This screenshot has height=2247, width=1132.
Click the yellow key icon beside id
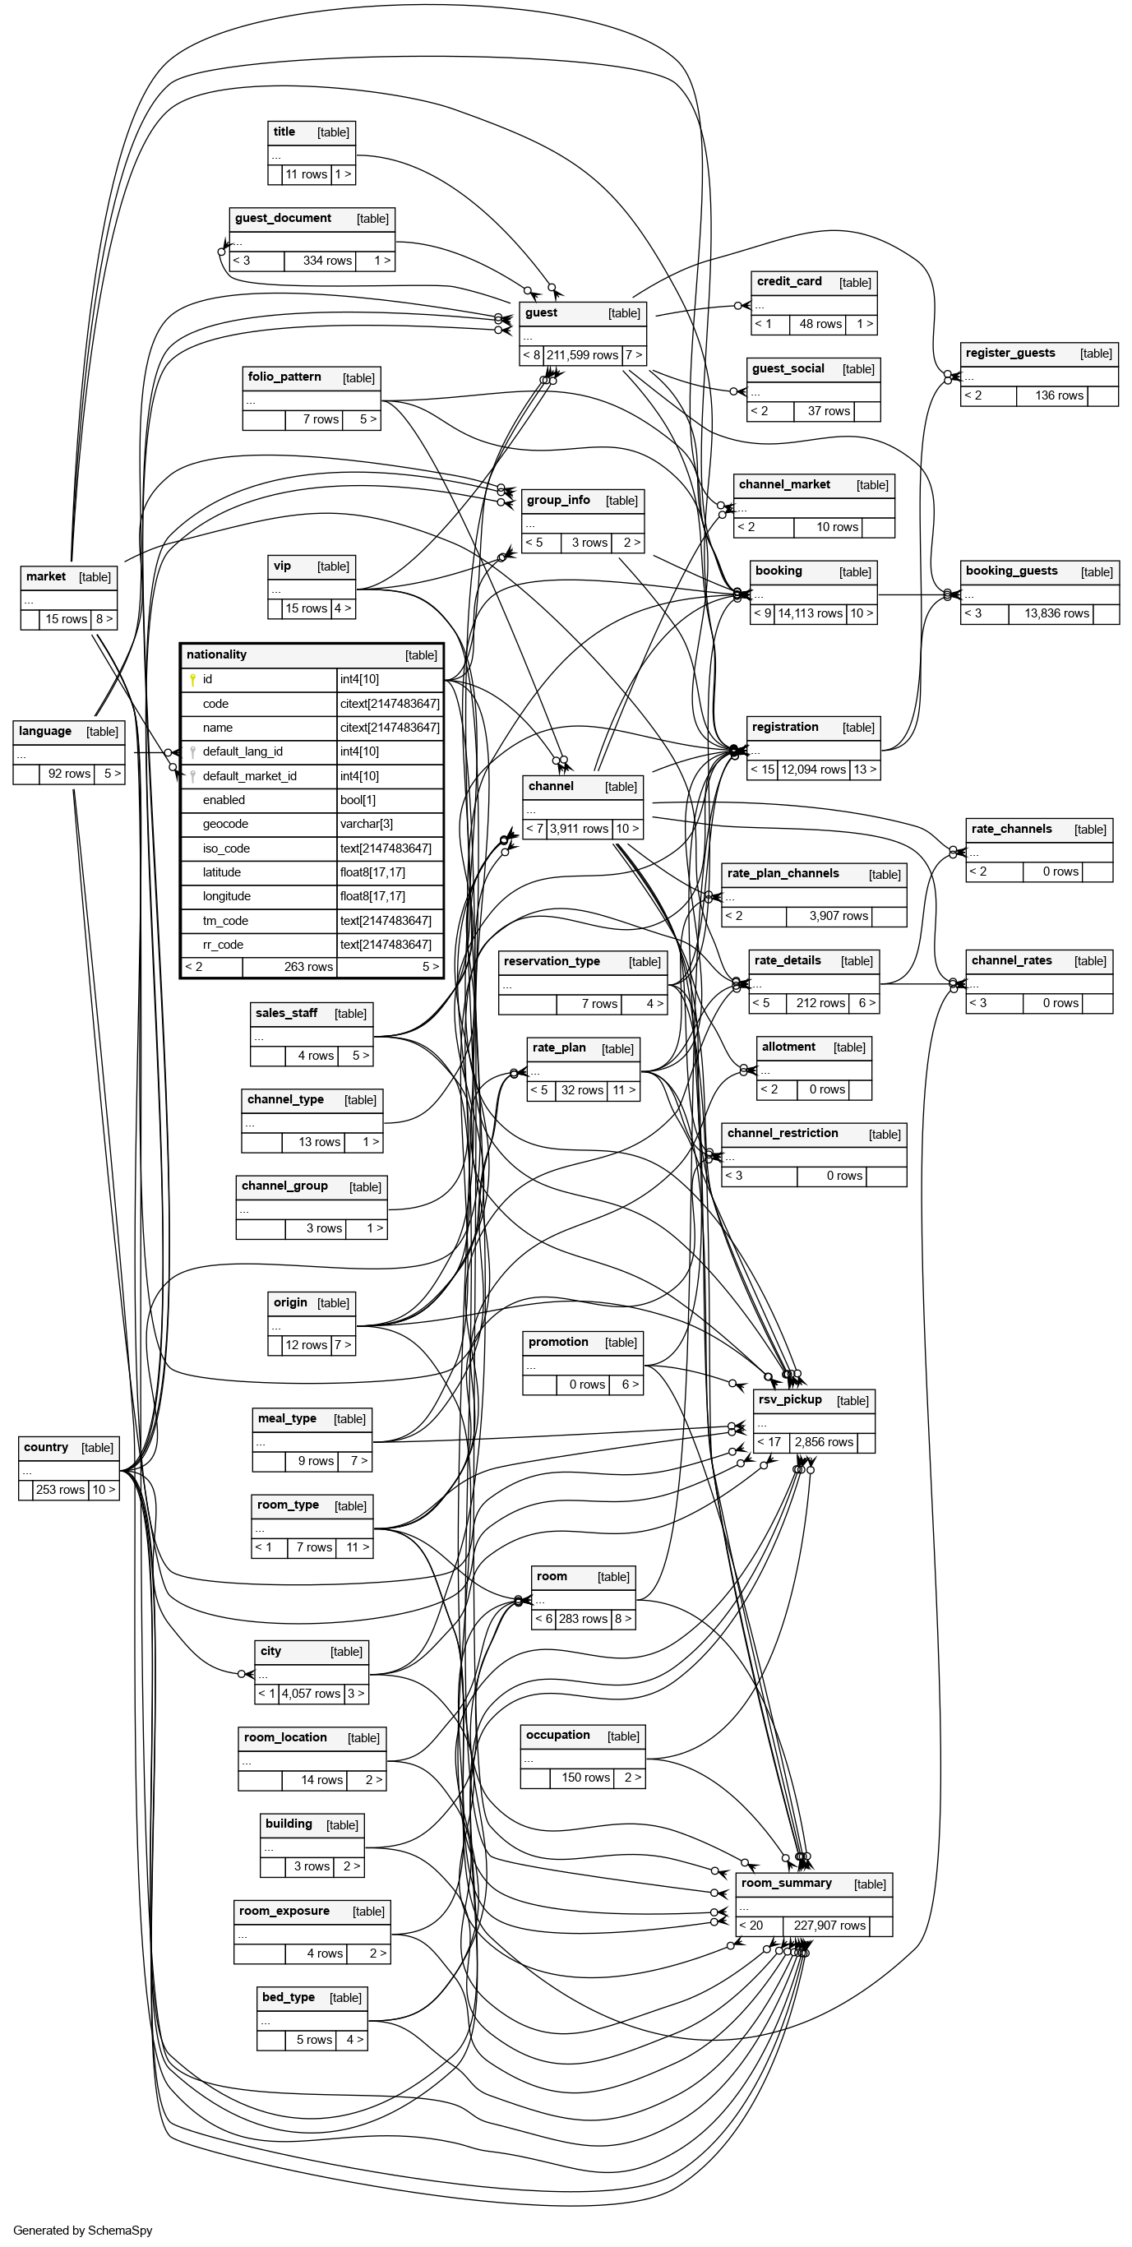coord(192,679)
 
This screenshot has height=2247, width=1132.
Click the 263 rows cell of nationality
coord(289,967)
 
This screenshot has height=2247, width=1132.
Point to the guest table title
coord(542,313)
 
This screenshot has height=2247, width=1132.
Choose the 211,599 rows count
coord(582,355)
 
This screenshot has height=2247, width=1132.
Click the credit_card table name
coord(789,282)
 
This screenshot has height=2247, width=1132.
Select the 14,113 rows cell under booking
coord(811,613)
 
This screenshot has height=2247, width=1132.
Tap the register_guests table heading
coord(1010,354)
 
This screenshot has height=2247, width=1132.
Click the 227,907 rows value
coord(829,1926)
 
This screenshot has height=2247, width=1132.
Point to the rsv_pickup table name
coord(790,1400)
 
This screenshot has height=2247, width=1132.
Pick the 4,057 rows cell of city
coord(311,1693)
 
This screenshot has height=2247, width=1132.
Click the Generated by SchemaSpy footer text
coord(83,2231)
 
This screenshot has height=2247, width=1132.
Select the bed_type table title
coord(289,1998)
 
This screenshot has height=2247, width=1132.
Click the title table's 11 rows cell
coord(306,174)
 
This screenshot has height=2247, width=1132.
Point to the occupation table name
coord(558,1736)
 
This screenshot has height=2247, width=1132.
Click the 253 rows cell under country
coord(60,1490)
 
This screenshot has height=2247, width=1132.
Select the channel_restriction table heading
coord(783,1134)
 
